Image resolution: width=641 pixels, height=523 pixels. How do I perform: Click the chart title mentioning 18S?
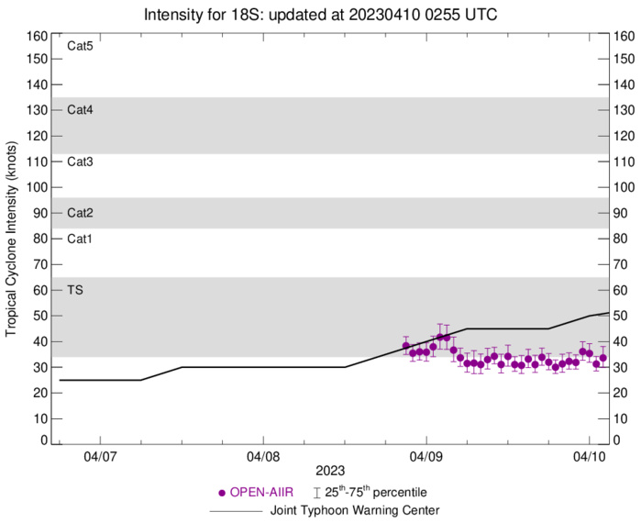(320, 15)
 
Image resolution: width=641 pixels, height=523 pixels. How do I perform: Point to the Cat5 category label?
(81, 46)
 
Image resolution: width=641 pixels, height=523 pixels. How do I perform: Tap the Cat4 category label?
(81, 110)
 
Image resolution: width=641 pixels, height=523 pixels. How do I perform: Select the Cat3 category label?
(81, 161)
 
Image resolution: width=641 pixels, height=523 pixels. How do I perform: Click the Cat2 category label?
(81, 213)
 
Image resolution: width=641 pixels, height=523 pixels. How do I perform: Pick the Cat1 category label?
(81, 239)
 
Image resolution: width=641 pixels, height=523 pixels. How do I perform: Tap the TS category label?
(75, 290)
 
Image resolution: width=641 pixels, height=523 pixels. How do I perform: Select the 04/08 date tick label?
(263, 454)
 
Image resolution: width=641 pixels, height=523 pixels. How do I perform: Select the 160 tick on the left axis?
(37, 37)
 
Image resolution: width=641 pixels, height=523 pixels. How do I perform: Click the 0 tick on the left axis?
(42, 440)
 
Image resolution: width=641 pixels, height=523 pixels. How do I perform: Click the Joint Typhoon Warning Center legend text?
(351, 510)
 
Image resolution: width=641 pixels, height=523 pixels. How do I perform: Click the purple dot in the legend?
(220, 493)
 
